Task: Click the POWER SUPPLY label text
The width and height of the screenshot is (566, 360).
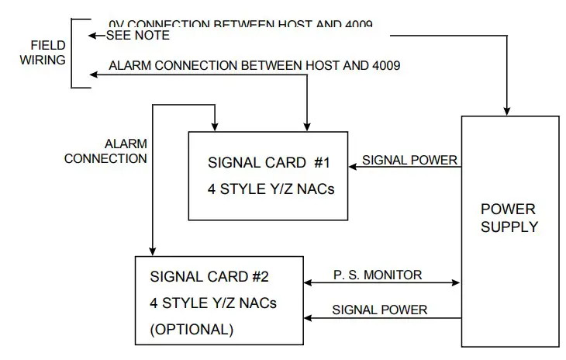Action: click(509, 218)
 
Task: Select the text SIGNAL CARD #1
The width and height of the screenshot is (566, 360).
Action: click(269, 163)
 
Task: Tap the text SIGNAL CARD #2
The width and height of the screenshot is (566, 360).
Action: click(211, 276)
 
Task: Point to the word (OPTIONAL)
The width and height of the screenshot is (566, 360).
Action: click(192, 328)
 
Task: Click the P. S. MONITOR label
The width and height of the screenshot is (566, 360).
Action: click(378, 274)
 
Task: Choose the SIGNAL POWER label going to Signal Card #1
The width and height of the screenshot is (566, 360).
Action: click(410, 161)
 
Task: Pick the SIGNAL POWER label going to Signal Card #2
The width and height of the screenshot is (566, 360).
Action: click(379, 310)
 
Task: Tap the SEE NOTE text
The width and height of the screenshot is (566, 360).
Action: click(137, 36)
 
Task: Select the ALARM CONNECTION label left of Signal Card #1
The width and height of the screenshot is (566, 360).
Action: click(105, 151)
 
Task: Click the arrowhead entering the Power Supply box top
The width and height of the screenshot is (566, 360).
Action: click(509, 110)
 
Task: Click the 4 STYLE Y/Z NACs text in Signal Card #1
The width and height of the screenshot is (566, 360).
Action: click(271, 189)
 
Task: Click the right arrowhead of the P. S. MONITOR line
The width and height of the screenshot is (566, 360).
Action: click(457, 283)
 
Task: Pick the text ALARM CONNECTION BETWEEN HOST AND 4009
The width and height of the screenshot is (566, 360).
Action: click(254, 66)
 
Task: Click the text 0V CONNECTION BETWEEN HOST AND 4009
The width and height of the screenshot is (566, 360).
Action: click(240, 25)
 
